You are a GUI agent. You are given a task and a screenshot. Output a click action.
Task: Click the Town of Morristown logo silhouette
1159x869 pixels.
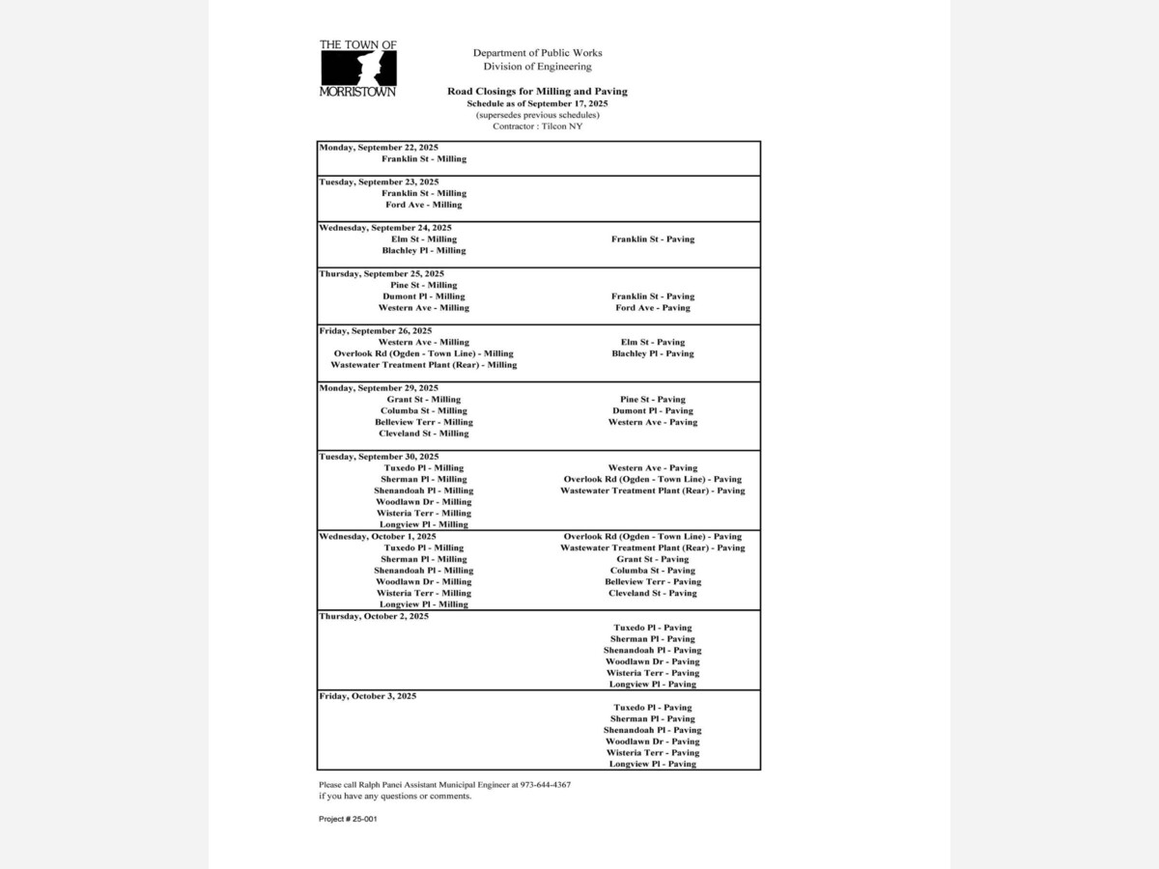point(357,68)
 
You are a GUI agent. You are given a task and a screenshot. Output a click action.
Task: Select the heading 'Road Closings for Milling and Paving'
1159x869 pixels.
point(537,92)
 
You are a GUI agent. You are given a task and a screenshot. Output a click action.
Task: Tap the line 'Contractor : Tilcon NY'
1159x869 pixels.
point(537,126)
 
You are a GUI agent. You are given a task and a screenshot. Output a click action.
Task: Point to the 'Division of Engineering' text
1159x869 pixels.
point(537,67)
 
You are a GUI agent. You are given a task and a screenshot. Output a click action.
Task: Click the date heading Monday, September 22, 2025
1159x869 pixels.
point(379,148)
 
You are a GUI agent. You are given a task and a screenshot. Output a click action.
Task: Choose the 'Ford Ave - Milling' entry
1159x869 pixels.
point(424,205)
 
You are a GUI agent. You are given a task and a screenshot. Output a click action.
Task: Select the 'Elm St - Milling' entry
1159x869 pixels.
point(424,239)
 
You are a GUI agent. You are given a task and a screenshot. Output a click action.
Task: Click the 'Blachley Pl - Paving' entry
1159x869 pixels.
point(653,353)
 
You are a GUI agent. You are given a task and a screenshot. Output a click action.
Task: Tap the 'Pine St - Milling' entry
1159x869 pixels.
point(424,285)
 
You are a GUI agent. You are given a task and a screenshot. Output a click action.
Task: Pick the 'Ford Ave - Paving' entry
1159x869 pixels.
point(653,308)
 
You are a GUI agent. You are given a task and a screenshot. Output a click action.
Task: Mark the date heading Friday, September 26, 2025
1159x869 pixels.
point(376,330)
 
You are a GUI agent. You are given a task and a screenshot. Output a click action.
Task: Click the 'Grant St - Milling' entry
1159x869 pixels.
point(424,400)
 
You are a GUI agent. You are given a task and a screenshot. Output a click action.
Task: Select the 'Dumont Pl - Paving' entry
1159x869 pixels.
point(653,411)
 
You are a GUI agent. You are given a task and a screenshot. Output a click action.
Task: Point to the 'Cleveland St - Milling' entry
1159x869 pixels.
point(424,434)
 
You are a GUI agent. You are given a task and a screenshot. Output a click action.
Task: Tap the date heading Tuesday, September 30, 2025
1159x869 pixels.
point(379,457)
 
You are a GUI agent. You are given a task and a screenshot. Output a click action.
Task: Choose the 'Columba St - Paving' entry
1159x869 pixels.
point(653,571)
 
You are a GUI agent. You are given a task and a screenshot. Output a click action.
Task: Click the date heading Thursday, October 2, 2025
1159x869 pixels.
point(374,616)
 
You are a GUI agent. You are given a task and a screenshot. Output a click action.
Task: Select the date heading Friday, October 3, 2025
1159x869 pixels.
point(368,696)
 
